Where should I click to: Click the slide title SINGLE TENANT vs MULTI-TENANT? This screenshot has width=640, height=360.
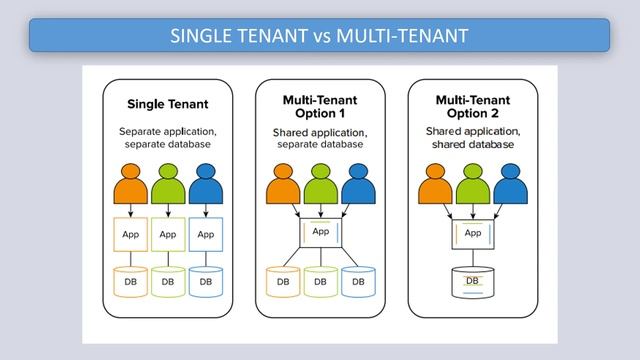(x=319, y=36)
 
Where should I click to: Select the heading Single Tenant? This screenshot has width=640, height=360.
(x=167, y=104)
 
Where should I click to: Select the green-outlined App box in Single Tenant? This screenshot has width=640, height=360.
(x=168, y=236)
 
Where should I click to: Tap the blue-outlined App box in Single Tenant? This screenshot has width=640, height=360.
(x=205, y=236)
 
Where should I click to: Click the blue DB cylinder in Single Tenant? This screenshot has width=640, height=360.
(x=205, y=282)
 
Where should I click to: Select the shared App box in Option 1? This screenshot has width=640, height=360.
(x=320, y=234)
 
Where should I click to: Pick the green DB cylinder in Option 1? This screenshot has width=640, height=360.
(x=320, y=282)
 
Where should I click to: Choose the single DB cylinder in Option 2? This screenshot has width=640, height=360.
(x=473, y=282)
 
